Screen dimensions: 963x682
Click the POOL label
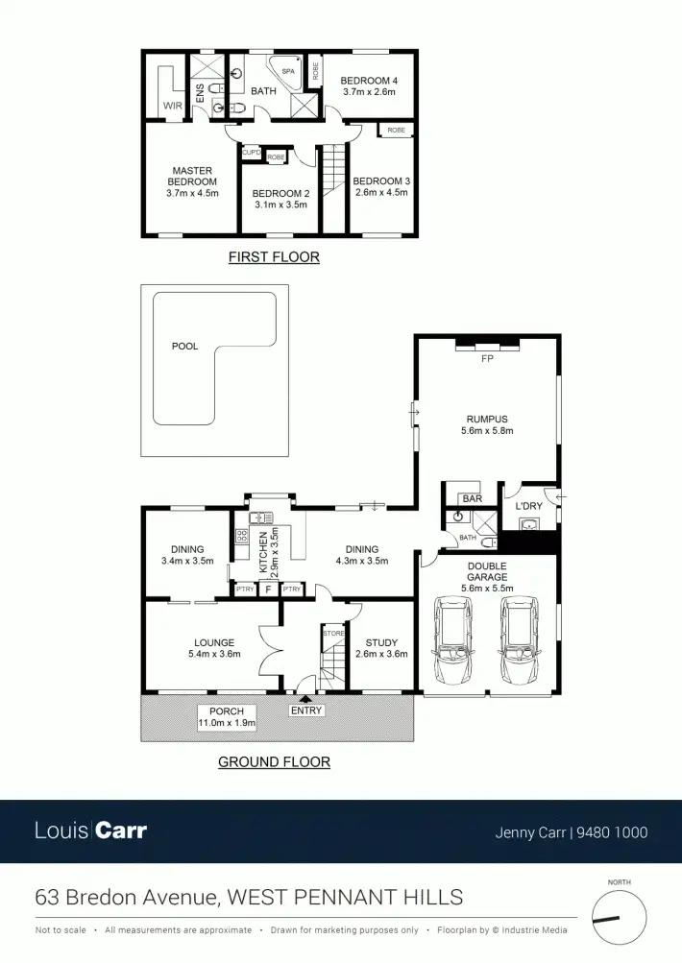click(184, 346)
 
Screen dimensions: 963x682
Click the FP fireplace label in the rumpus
click(486, 359)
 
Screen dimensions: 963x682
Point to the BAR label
click(472, 498)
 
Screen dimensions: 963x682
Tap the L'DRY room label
click(529, 506)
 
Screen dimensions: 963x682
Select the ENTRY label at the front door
click(306, 710)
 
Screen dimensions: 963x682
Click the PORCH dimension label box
click(227, 717)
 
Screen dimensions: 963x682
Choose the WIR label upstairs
click(173, 106)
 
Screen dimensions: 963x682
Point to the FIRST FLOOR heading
click(274, 257)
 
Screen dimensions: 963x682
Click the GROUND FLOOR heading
click(274, 762)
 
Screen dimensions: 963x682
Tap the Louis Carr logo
click(91, 830)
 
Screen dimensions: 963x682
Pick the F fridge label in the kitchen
click(267, 590)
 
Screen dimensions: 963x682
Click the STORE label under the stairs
click(333, 634)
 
